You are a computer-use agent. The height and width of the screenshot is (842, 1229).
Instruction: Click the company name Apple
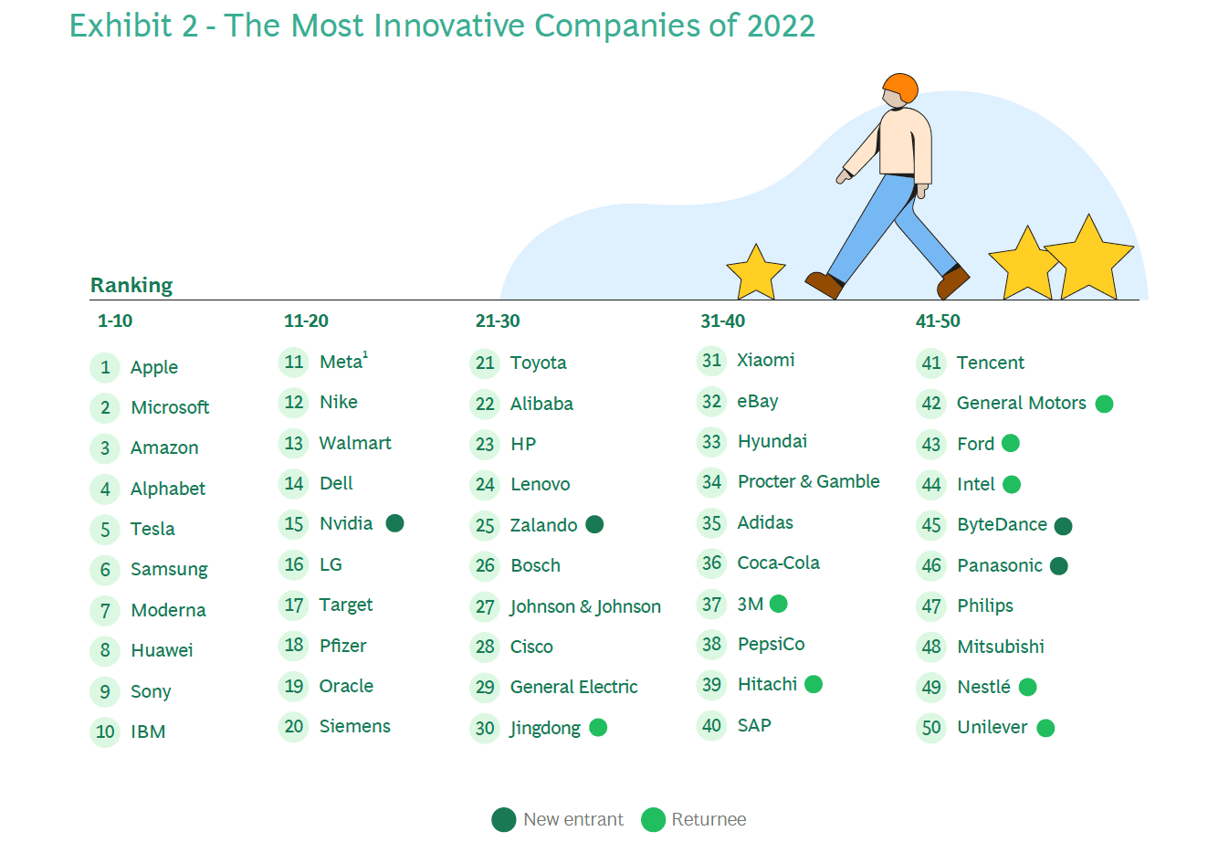[x=154, y=367]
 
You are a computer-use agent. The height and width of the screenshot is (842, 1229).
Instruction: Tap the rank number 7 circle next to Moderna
[x=105, y=610]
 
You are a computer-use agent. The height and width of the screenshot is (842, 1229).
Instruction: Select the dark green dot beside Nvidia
[x=395, y=523]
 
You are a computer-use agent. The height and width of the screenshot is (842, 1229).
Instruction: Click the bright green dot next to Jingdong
[x=598, y=727]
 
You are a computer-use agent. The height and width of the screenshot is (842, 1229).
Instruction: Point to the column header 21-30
[x=497, y=321]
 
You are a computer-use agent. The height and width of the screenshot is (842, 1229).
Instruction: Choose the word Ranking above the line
[x=131, y=286]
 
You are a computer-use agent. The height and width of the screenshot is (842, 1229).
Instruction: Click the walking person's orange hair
[x=901, y=86]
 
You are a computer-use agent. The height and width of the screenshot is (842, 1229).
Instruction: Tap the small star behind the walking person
[x=756, y=273]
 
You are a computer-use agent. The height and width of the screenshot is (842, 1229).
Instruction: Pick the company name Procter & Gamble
[x=808, y=481]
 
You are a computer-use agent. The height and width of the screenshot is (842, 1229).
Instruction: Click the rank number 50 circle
[x=931, y=728]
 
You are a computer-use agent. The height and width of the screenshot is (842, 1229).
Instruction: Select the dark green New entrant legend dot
[x=504, y=819]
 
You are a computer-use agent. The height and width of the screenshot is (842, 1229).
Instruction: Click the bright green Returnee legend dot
[x=653, y=819]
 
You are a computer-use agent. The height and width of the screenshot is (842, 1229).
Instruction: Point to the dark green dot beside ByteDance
[x=1064, y=526]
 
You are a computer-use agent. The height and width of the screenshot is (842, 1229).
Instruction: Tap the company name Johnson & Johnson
[x=585, y=606]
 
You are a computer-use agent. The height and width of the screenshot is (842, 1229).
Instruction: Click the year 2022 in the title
[x=781, y=26]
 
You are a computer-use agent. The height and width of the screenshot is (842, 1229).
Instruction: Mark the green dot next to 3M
[x=779, y=604]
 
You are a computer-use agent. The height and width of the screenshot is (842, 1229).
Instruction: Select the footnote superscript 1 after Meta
[x=365, y=354]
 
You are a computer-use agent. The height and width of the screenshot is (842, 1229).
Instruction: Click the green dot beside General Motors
[x=1104, y=404]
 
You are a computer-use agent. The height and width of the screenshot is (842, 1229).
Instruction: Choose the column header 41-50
[x=938, y=321]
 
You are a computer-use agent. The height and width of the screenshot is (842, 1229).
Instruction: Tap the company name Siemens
[x=354, y=726]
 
